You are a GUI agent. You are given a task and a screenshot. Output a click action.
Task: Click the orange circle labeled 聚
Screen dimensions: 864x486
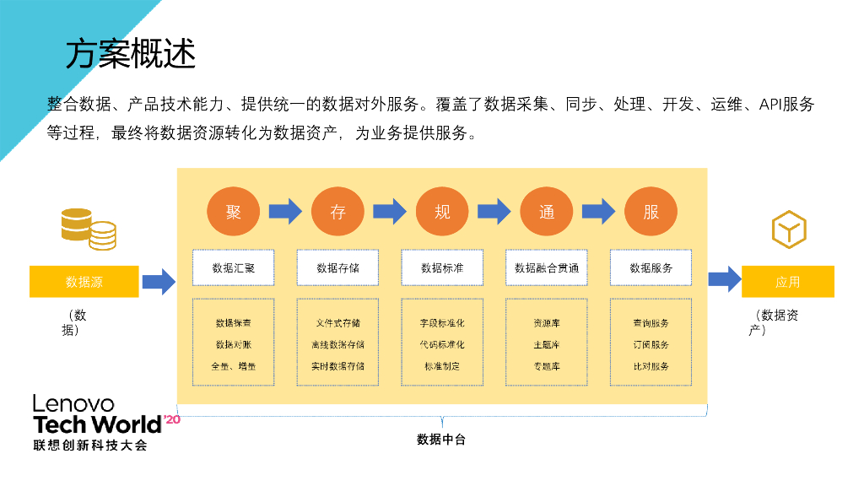[233, 212]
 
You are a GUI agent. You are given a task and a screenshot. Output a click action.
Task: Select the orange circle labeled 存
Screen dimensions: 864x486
[337, 212]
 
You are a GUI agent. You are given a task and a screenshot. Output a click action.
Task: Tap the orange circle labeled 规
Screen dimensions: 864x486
[442, 212]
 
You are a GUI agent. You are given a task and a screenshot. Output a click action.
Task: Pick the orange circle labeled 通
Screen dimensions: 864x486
[547, 212]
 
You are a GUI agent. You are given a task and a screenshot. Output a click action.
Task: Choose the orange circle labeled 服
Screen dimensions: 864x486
[651, 212]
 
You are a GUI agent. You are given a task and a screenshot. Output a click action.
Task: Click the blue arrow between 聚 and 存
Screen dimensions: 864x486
[285, 211]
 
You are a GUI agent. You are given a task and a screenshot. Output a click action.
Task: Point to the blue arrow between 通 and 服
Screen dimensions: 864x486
[598, 211]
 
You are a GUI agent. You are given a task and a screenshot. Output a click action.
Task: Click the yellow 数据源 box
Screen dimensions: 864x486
[84, 282]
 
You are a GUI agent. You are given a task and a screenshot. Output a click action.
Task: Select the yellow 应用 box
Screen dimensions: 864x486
[787, 282]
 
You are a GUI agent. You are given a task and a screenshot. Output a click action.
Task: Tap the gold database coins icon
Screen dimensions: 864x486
[89, 228]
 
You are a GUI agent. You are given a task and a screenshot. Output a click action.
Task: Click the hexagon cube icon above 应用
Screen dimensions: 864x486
[789, 229]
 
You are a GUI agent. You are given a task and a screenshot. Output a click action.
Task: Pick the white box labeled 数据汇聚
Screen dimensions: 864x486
[233, 267]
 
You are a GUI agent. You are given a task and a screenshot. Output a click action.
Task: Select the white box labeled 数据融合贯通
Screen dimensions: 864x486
[547, 267]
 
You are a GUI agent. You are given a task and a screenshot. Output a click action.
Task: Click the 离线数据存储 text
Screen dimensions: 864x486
[337, 344]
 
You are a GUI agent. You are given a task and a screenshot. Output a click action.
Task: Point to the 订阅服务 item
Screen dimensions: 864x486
[651, 344]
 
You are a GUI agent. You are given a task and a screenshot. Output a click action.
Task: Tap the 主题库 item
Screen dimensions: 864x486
[547, 344]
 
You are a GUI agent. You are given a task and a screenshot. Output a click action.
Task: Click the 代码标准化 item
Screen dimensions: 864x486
[442, 344]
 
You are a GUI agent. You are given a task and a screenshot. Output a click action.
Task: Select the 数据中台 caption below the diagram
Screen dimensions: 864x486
[441, 440]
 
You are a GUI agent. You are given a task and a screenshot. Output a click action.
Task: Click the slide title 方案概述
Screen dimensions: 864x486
[131, 55]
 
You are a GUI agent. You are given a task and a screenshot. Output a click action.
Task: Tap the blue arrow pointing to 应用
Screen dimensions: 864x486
[724, 278]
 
